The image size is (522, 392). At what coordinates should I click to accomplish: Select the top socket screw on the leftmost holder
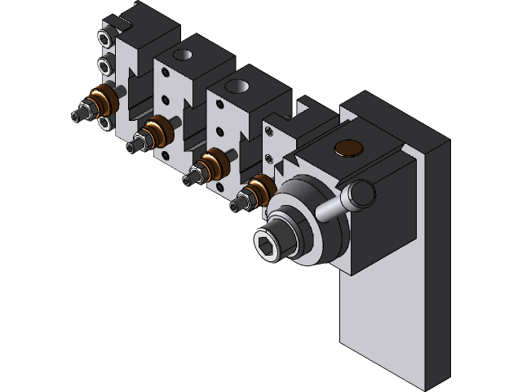[x=104, y=38]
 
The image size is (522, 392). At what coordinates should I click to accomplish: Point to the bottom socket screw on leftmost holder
[x=104, y=122]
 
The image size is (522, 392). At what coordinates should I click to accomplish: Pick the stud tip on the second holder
[x=130, y=146]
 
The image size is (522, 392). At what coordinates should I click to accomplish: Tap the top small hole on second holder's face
[x=165, y=73]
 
